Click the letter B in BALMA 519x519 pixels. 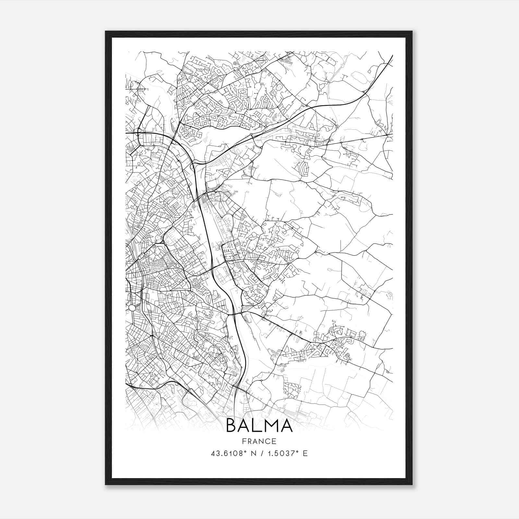click(x=232, y=425)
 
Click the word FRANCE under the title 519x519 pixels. click(x=259, y=441)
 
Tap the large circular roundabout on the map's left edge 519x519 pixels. click(x=132, y=308)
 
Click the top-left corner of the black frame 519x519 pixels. click(x=106, y=31)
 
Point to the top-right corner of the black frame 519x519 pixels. click(x=412, y=31)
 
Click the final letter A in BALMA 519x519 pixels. click(x=287, y=425)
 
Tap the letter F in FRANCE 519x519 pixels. click(x=244, y=441)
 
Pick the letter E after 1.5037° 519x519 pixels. click(x=305, y=453)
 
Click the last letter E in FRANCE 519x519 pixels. click(x=274, y=441)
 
